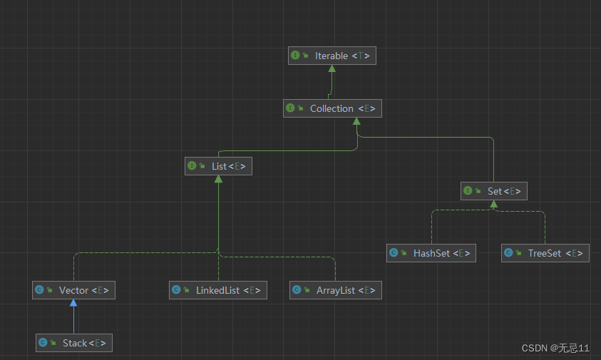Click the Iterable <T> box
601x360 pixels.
point(332,56)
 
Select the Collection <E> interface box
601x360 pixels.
point(332,108)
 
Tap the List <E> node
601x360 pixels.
point(218,166)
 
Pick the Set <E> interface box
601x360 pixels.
point(493,191)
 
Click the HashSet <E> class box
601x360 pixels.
point(431,253)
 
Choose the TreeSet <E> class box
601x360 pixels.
point(545,253)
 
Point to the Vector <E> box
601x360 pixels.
point(73,290)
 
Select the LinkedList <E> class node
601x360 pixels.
point(217,290)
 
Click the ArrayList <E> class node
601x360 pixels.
point(335,290)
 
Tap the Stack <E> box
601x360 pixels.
point(74,343)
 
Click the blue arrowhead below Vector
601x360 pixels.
point(73,303)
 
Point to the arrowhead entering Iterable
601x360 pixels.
point(332,68)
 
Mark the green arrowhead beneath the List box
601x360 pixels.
point(218,179)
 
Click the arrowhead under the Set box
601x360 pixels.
point(493,204)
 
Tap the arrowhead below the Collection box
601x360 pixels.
point(356,121)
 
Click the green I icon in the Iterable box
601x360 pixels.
point(295,56)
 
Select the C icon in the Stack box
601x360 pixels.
point(43,343)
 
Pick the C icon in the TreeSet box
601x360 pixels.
point(508,253)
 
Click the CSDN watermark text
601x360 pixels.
point(555,348)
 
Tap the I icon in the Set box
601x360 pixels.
point(468,191)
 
